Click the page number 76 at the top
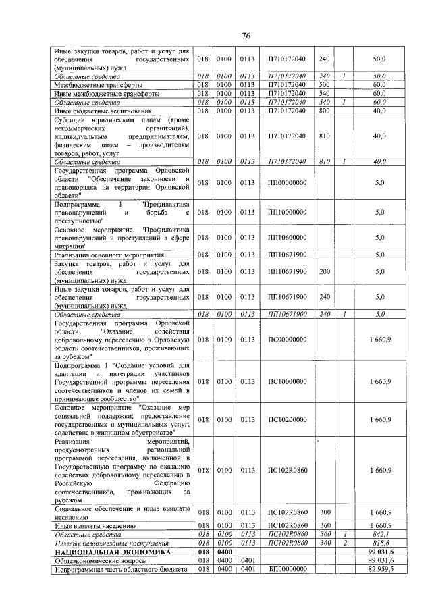(x=247, y=36)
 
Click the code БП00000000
(x=287, y=569)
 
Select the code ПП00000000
(x=287, y=182)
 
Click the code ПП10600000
(x=287, y=238)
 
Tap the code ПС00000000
(x=287, y=340)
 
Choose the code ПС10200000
(x=287, y=419)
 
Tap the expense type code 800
(x=324, y=111)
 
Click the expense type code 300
(x=324, y=512)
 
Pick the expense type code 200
(x=324, y=271)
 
